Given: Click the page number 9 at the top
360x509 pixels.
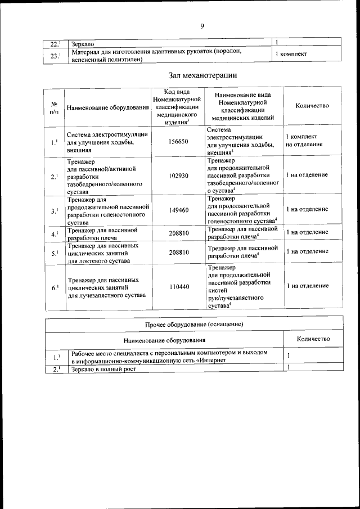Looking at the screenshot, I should pos(202,25).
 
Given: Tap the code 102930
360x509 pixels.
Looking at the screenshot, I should pos(178,175).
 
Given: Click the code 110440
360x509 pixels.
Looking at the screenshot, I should pos(178,287).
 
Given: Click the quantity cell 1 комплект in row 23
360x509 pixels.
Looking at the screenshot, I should pos(290,54).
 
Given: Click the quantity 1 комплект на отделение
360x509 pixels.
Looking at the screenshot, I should pos(304,141).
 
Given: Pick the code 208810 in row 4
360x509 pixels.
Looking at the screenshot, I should pos(178,232).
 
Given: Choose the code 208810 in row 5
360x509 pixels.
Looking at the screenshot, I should pos(178,253).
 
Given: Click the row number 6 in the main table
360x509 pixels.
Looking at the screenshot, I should pos(55,287).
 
